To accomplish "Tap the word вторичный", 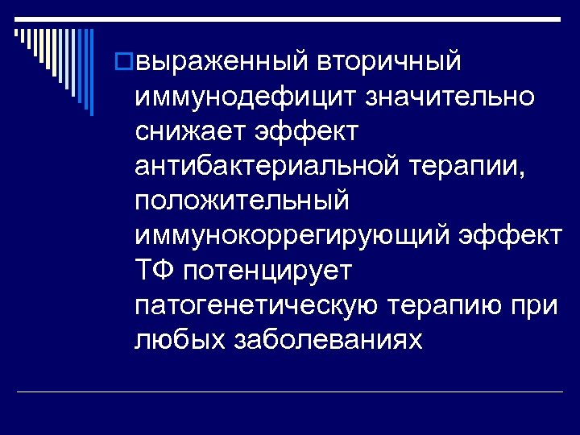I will pos(390,61).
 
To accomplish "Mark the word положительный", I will pos(242,201).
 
